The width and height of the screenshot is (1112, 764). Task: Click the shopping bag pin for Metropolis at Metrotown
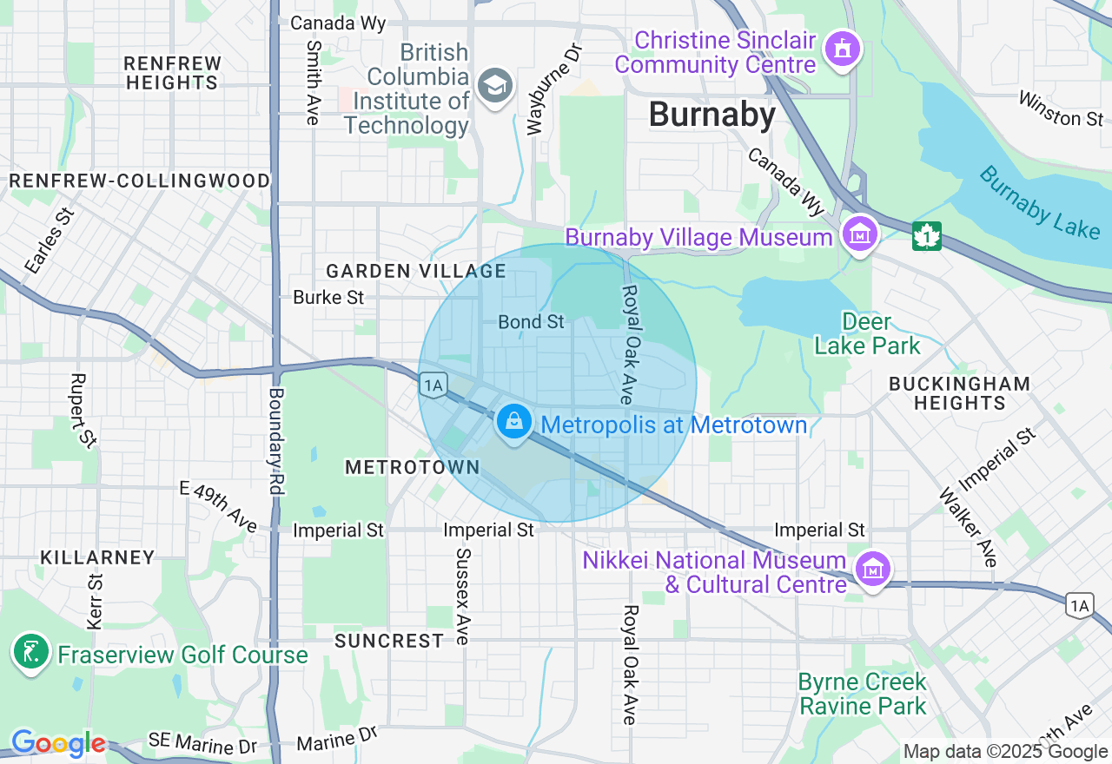514,423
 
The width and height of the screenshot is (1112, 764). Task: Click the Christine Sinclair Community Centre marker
842,49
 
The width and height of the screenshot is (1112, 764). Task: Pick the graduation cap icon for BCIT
496,85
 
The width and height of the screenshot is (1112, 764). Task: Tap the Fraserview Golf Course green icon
31,653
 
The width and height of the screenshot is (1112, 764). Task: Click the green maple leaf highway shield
927,236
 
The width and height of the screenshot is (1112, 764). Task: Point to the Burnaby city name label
712,115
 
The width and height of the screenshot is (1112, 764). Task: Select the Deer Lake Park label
866,334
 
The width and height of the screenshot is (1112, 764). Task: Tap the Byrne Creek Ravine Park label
863,694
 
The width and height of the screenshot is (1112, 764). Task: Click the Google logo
58,744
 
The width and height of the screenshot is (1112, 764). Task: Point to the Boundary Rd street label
276,441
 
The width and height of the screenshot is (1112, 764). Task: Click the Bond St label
531,322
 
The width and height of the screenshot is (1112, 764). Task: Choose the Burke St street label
328,297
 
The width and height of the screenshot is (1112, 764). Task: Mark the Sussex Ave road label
463,596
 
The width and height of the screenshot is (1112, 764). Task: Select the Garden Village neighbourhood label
415,271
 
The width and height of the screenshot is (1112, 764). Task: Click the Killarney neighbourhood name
97,557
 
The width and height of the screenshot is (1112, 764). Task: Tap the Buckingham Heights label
959,393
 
